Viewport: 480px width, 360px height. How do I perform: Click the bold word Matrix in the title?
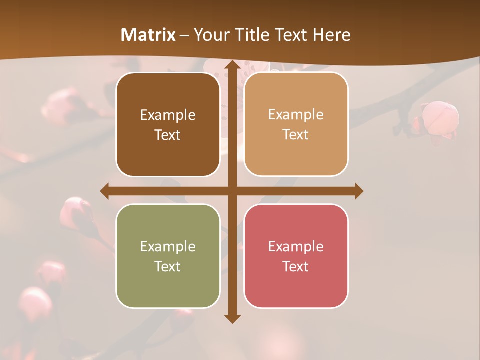tap(148, 35)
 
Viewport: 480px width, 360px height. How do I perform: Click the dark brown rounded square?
tap(168, 124)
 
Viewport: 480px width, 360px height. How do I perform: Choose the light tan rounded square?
tap(296, 124)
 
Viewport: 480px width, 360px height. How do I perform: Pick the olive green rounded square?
tap(168, 256)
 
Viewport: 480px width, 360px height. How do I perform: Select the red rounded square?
tap(296, 256)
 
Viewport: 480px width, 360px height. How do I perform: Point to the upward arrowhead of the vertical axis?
tap(232, 65)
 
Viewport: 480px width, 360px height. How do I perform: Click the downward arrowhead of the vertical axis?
tap(232, 318)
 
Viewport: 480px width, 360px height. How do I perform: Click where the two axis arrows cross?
tap(232, 191)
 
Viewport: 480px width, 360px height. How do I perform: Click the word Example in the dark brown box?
tap(168, 115)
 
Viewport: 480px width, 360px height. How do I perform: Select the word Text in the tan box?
tap(295, 134)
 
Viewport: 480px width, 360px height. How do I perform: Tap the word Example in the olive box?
tap(168, 246)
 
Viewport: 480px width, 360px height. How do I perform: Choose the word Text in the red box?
tap(295, 266)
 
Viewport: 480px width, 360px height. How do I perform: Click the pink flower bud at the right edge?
tap(439, 118)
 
